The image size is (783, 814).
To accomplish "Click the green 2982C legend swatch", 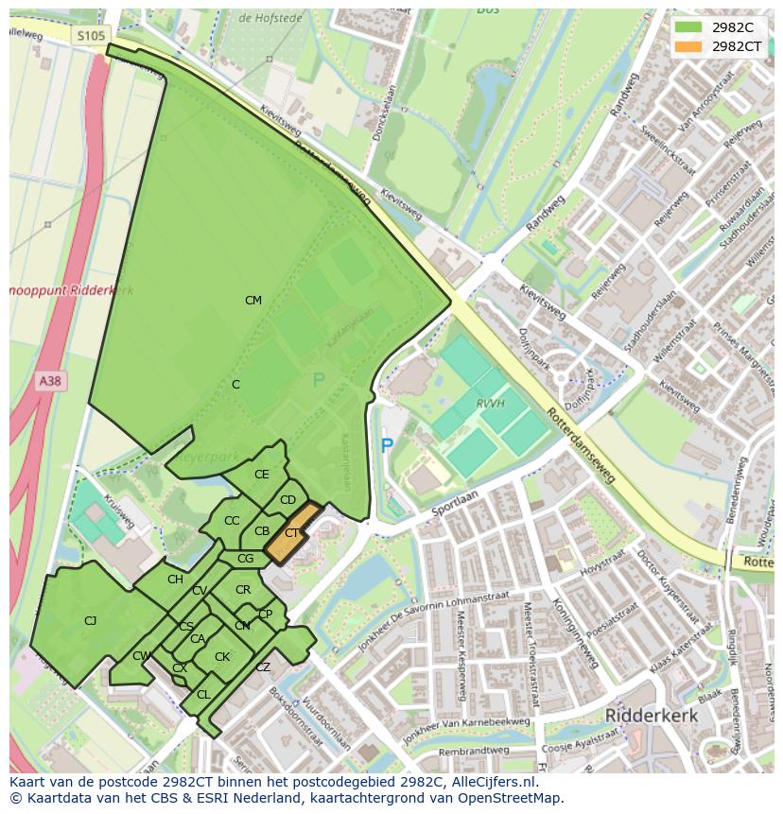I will click(x=689, y=27).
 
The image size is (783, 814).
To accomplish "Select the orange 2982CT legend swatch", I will click(x=689, y=46).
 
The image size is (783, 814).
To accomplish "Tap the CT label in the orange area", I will click(x=292, y=533).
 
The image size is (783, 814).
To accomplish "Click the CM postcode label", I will click(x=253, y=301).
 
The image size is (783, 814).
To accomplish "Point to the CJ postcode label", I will click(x=91, y=621).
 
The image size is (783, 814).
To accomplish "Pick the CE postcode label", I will click(x=262, y=475).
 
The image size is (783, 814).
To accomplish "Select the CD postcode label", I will click(x=288, y=500).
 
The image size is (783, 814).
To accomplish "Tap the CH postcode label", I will click(x=175, y=580).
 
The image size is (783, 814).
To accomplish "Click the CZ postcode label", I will click(x=263, y=667).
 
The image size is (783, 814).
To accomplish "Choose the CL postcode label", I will click(x=203, y=695).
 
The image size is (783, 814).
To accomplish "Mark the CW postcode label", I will click(x=141, y=656).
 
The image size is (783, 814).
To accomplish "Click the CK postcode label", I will click(x=222, y=657).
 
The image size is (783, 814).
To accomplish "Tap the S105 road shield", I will click(x=91, y=36).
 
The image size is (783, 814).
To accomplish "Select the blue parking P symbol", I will click(x=387, y=445).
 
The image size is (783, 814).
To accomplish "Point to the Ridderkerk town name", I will click(x=652, y=716).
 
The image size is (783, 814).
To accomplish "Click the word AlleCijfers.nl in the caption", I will click(x=491, y=783).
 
